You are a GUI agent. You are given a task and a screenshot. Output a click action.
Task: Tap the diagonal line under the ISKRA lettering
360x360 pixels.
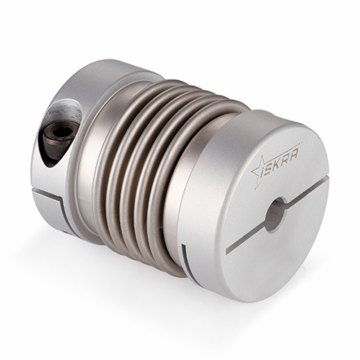[278, 170]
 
